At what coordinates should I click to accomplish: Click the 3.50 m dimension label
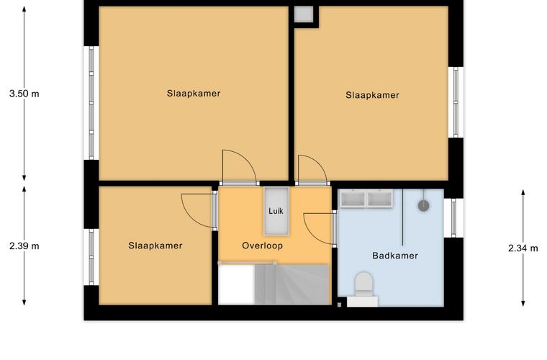click(24, 94)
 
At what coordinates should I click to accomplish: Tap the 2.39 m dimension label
click(24, 246)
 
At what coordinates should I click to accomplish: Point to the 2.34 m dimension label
click(523, 248)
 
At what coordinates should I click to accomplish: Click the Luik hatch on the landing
click(276, 211)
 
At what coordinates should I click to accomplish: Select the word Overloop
click(262, 246)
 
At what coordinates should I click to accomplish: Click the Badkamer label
click(395, 256)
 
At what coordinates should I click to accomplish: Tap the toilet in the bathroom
click(363, 284)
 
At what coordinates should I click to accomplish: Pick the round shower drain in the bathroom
click(423, 206)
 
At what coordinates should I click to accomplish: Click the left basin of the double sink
click(353, 199)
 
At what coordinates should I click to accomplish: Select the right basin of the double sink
click(379, 199)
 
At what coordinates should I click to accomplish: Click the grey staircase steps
click(291, 284)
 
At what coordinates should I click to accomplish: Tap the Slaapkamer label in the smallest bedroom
click(155, 246)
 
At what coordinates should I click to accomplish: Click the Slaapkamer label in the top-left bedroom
click(194, 94)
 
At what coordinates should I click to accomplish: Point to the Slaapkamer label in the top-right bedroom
click(372, 95)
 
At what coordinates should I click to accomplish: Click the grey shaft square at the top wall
click(303, 14)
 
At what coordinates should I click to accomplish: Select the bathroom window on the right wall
click(453, 218)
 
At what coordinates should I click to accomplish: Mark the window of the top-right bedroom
click(456, 102)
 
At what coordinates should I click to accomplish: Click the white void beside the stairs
click(236, 284)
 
